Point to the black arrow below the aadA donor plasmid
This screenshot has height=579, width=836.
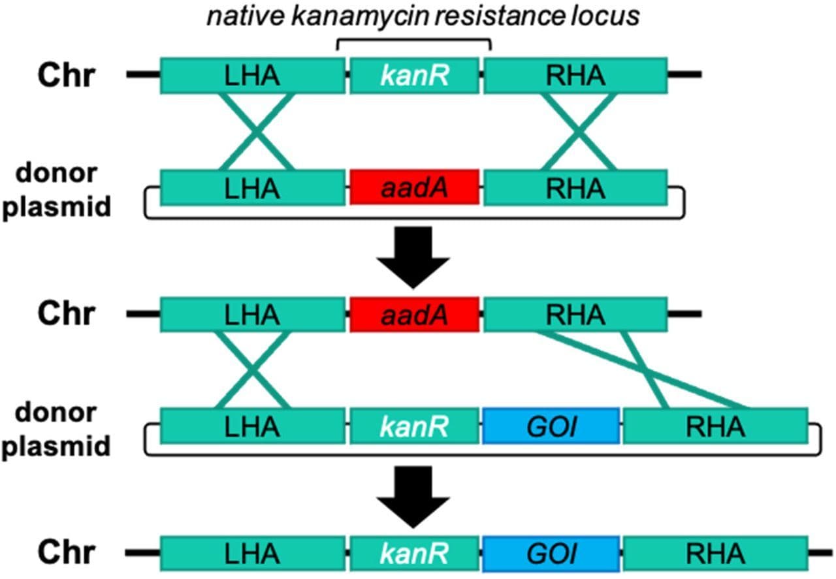coord(414,257)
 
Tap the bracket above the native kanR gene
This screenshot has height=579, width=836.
coord(413,42)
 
